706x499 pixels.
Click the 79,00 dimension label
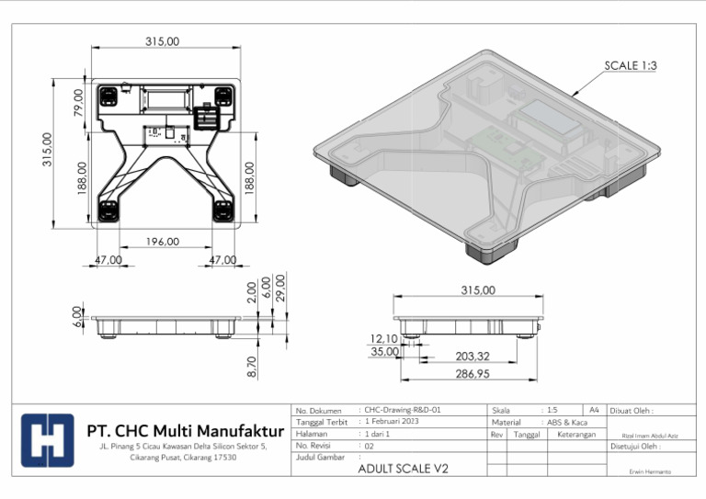[x=78, y=101]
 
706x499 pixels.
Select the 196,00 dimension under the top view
[x=163, y=242]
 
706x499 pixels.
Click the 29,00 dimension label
[x=280, y=287]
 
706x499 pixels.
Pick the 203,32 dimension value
[x=473, y=357]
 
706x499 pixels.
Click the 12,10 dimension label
[x=383, y=339]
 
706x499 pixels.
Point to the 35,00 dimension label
[x=383, y=352]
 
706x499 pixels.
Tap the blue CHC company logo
[x=47, y=441]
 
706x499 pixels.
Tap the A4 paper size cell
[x=594, y=410]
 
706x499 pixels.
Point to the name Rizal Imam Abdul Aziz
[x=650, y=435]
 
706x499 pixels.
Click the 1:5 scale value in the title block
[x=552, y=410]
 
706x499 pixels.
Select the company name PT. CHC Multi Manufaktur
[x=185, y=430]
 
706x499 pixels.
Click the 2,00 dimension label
[x=252, y=291]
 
